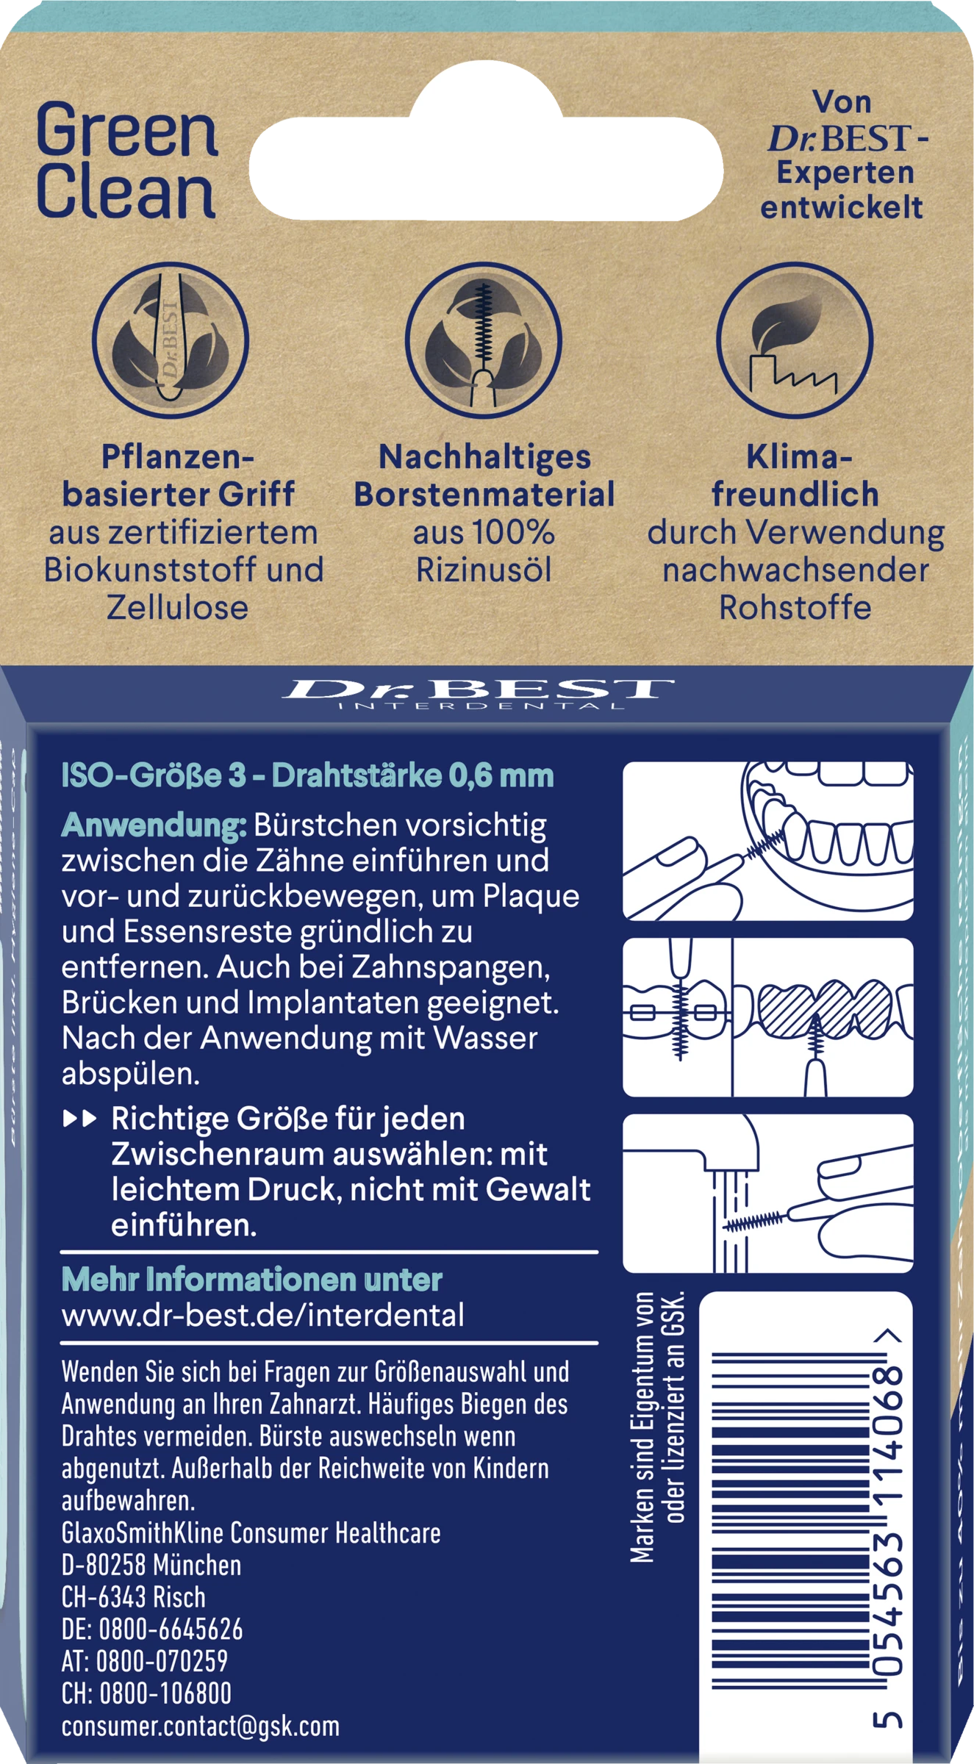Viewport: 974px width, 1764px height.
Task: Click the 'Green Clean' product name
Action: (x=127, y=162)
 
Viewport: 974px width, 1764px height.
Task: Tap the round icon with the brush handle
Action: (x=171, y=341)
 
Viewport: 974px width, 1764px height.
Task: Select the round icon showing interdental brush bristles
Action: (x=484, y=341)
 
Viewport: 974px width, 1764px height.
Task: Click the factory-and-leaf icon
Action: (x=795, y=341)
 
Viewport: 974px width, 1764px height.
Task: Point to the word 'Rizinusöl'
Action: (x=484, y=570)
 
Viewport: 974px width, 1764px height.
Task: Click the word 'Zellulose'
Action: (x=178, y=608)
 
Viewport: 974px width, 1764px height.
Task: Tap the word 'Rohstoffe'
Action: (x=795, y=608)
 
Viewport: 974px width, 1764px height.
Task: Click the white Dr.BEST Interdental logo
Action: (x=479, y=692)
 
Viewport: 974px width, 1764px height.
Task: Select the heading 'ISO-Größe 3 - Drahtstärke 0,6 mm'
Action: (x=307, y=776)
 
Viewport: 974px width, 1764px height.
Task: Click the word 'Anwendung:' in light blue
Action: (x=154, y=825)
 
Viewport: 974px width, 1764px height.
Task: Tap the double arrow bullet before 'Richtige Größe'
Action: (x=80, y=1119)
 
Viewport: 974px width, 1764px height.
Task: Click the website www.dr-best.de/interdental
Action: (x=262, y=1315)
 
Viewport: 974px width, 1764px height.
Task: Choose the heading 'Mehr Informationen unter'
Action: (x=251, y=1280)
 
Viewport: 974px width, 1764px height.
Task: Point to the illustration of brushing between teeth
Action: (x=768, y=841)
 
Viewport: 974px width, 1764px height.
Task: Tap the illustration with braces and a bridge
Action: (x=768, y=1017)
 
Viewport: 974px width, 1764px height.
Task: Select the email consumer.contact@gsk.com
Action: (x=201, y=1726)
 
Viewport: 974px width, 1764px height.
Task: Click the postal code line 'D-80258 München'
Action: (x=151, y=1566)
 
